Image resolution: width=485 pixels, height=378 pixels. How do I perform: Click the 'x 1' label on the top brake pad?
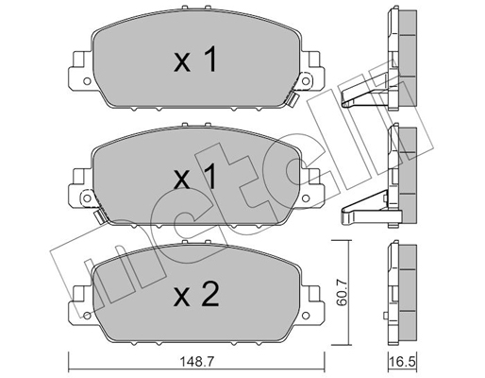tap(195, 62)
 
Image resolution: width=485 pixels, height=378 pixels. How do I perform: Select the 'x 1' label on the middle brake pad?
tap(195, 177)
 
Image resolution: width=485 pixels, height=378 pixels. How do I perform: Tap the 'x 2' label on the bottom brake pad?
tap(195, 296)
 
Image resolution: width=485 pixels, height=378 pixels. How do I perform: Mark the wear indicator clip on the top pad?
tap(295, 99)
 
